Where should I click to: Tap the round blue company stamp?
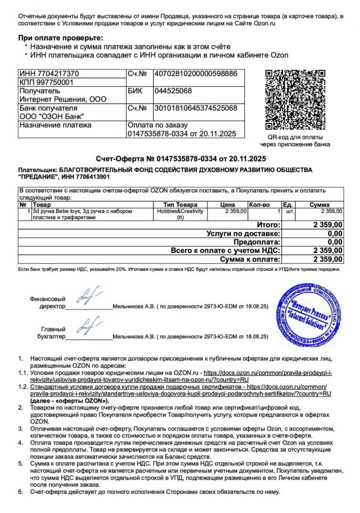pyautogui.click(x=309, y=316)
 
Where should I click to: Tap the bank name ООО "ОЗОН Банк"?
pyautogui.click(x=52, y=116)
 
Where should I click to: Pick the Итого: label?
pyautogui.click(x=268, y=225)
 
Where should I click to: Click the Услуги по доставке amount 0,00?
pyautogui.click(x=335, y=233)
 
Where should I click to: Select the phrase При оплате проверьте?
pyautogui.click(x=60, y=37)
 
